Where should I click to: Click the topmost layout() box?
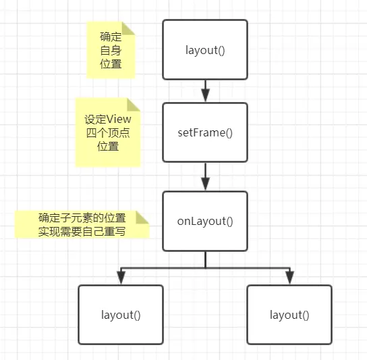(x=205, y=49)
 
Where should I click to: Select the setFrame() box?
(x=205, y=132)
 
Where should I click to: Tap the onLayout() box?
(x=205, y=221)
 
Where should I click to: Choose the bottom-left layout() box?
(x=121, y=314)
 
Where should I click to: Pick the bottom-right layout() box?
(x=289, y=314)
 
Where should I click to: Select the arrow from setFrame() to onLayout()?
(x=205, y=176)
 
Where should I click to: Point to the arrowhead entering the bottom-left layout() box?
(x=121, y=278)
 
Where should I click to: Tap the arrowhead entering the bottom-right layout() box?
(x=289, y=278)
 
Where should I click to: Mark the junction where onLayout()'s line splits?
(x=205, y=267)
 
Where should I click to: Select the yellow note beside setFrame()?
(x=108, y=132)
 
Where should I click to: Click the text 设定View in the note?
(x=108, y=119)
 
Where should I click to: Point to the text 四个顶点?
(x=108, y=132)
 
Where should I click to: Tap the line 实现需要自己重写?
(x=83, y=231)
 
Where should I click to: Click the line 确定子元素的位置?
(x=82, y=218)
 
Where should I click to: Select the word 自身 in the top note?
(x=111, y=51)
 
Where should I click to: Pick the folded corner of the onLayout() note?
(x=142, y=216)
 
